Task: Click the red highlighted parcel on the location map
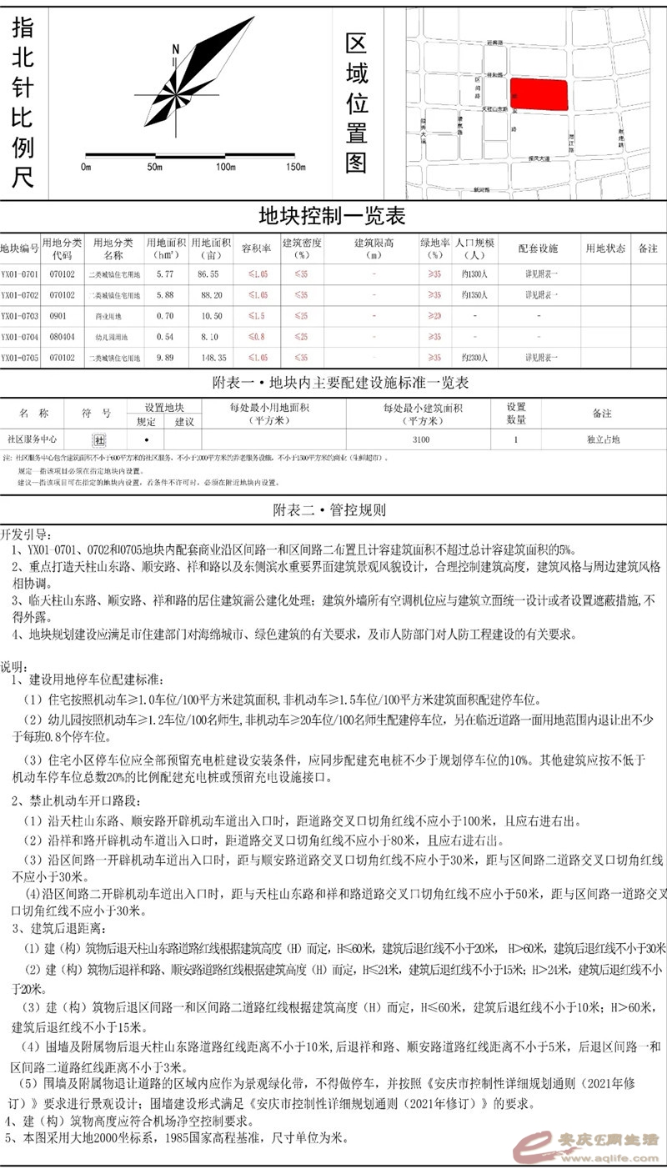pyautogui.click(x=539, y=94)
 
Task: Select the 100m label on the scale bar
pyautogui.click(x=226, y=168)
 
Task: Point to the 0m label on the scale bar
pyautogui.click(x=86, y=168)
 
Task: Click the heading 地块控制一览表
pyautogui.click(x=333, y=218)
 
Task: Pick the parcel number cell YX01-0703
pyautogui.click(x=19, y=316)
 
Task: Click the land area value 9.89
pyautogui.click(x=166, y=357)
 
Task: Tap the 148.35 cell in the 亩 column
pyautogui.click(x=213, y=357)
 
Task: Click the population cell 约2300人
pyautogui.click(x=475, y=357)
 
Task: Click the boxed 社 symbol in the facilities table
pyautogui.click(x=99, y=439)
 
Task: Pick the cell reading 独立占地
pyautogui.click(x=604, y=439)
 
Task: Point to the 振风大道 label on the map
pyautogui.click(x=534, y=158)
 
